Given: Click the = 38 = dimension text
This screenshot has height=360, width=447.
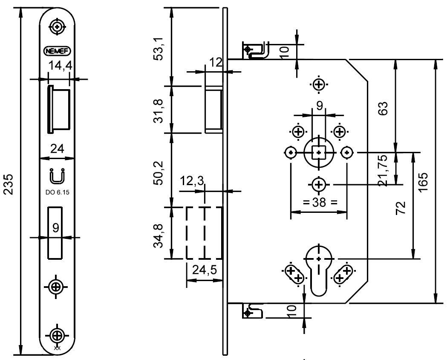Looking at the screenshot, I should pyautogui.click(x=319, y=203).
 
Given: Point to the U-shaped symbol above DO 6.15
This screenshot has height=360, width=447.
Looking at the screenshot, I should pyautogui.click(x=57, y=176).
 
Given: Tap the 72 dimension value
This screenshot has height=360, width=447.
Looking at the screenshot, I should pyautogui.click(x=402, y=209).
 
